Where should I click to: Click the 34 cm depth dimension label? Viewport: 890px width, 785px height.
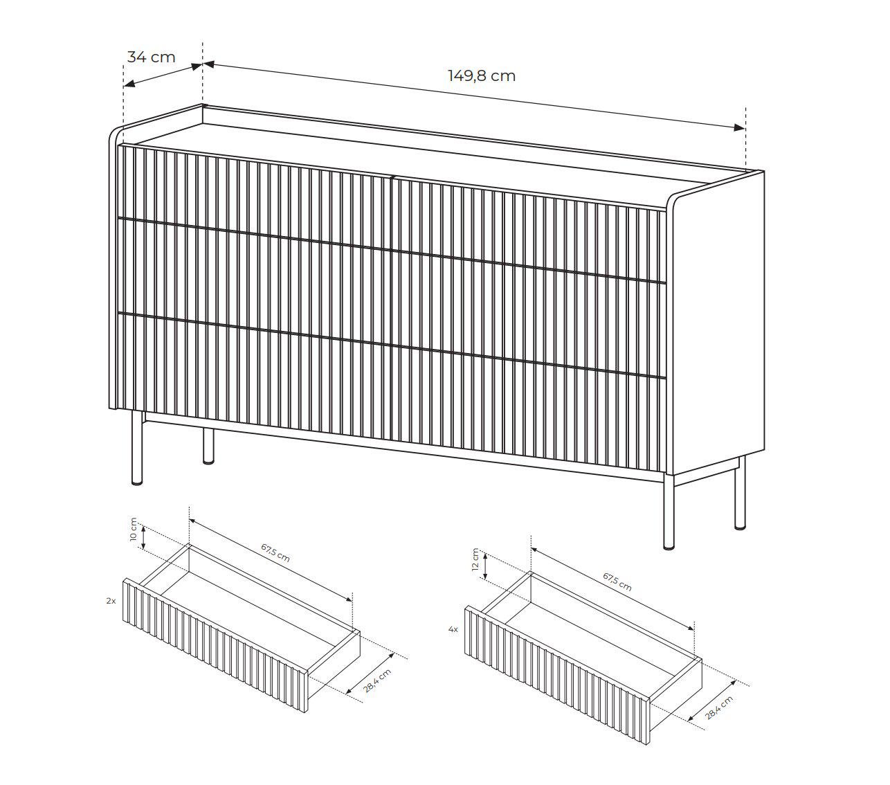point(151,57)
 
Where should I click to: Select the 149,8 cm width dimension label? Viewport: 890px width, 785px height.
point(482,76)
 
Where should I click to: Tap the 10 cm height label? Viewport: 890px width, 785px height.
point(134,530)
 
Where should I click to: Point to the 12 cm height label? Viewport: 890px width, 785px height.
point(475,559)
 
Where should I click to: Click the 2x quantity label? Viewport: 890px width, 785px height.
point(111,601)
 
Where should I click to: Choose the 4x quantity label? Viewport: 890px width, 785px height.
point(453,629)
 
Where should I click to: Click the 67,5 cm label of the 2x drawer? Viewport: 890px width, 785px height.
point(275,552)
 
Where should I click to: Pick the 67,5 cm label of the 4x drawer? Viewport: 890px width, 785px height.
point(617,581)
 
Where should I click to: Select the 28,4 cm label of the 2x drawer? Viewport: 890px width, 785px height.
point(377,681)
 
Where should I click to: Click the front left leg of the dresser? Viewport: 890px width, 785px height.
point(138,449)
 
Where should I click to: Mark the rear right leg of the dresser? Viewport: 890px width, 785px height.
point(741,493)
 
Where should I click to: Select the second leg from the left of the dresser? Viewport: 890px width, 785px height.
point(209,446)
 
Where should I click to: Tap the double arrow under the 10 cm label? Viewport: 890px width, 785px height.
point(143,537)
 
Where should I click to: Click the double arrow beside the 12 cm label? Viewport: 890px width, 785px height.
point(485,566)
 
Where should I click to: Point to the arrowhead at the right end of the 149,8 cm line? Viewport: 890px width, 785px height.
point(739,127)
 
